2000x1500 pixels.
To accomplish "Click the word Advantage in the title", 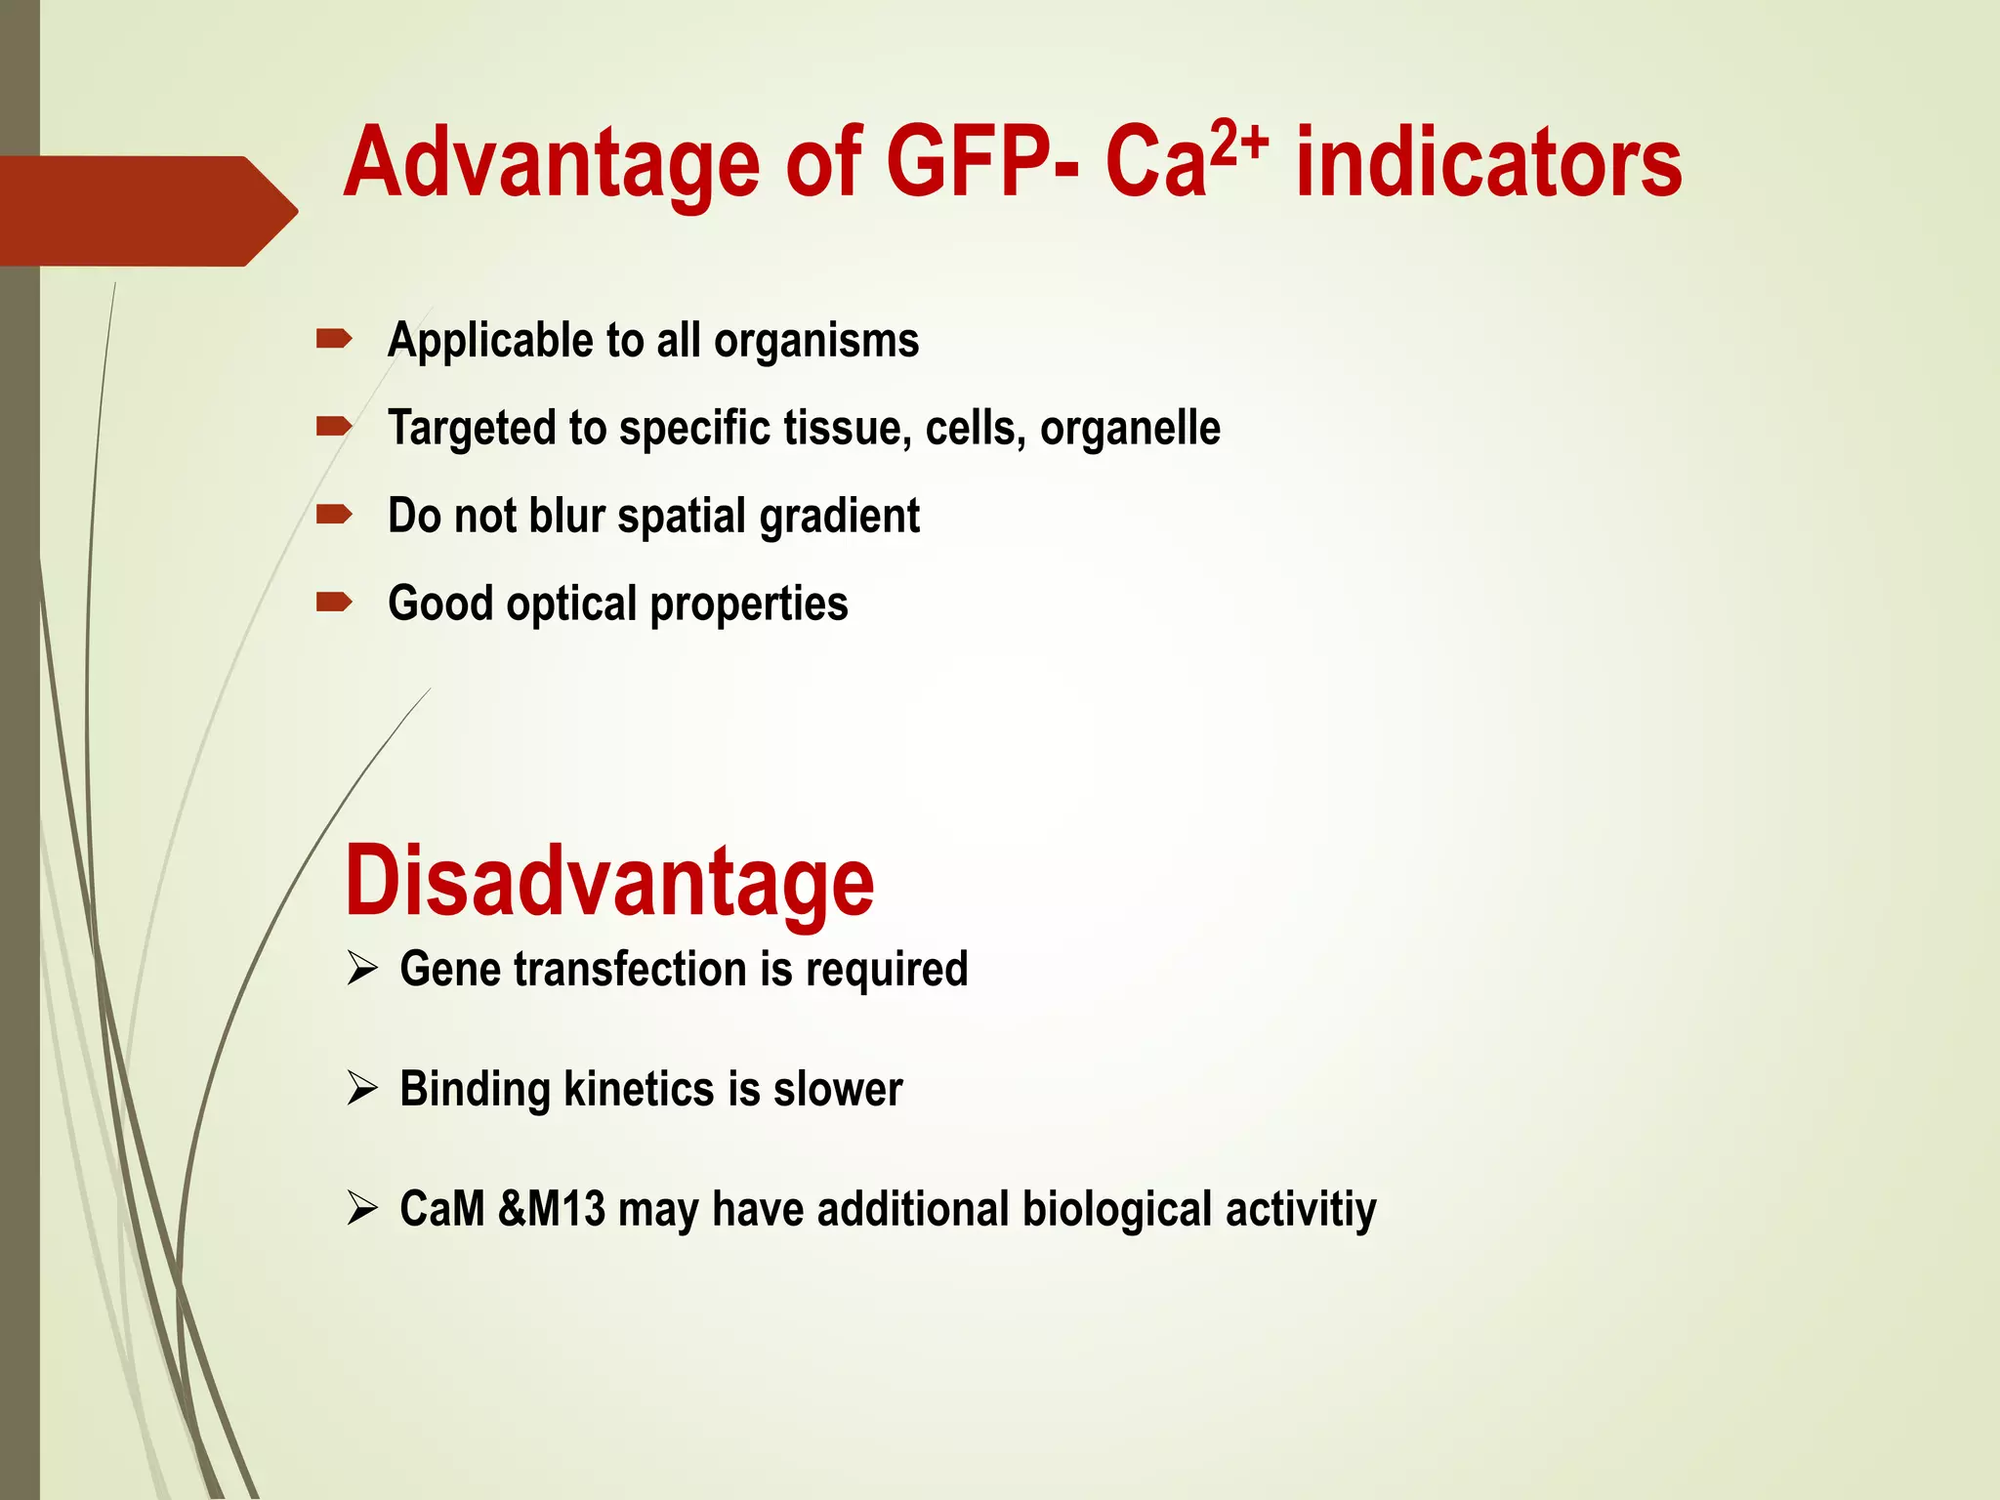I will click(552, 164).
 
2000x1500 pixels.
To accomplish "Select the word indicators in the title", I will click(1488, 162).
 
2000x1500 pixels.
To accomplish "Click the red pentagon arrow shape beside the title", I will click(146, 211).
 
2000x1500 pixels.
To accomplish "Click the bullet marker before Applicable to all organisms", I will click(334, 340).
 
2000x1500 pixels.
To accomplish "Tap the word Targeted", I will click(472, 429).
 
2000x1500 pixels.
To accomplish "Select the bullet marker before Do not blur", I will click(334, 515).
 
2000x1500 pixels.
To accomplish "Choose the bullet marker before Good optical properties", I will click(334, 603).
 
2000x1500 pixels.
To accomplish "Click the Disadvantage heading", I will click(609, 882).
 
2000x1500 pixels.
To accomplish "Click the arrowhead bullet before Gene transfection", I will click(362, 970).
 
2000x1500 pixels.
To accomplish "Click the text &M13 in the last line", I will click(552, 1209).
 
